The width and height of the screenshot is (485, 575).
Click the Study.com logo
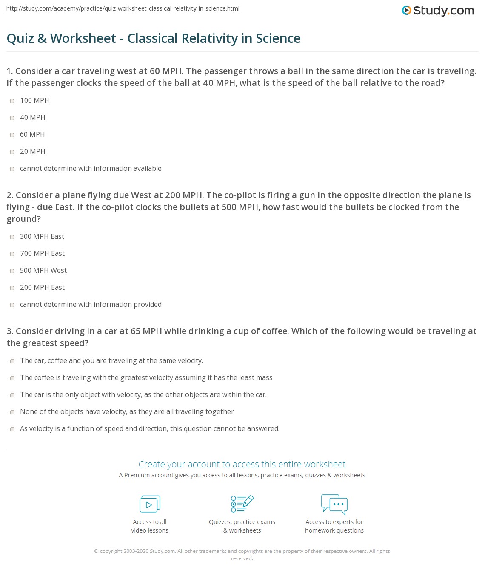[438, 11]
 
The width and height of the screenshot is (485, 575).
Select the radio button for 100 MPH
[12, 101]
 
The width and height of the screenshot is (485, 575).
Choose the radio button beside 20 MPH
[12, 152]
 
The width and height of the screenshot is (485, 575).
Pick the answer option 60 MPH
[32, 134]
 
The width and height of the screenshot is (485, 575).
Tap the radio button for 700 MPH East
[12, 254]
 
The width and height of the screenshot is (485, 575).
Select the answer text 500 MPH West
[43, 270]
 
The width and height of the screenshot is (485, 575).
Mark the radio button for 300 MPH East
[12, 237]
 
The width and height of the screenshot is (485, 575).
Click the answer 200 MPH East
[42, 287]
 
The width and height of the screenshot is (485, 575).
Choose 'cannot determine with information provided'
[91, 304]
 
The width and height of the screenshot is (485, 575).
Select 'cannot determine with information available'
[91, 168]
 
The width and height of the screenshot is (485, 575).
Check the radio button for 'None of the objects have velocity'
[12, 412]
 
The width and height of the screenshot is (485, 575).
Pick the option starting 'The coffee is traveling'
[146, 377]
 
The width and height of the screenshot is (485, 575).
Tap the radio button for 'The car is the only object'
[12, 395]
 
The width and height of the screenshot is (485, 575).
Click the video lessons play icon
[150, 504]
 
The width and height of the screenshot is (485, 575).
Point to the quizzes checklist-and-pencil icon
[242, 504]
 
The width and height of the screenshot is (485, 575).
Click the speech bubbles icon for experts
[334, 504]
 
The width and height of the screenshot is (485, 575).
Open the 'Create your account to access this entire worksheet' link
[242, 464]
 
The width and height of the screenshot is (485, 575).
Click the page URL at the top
[123, 8]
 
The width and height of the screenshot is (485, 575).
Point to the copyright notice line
[242, 551]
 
